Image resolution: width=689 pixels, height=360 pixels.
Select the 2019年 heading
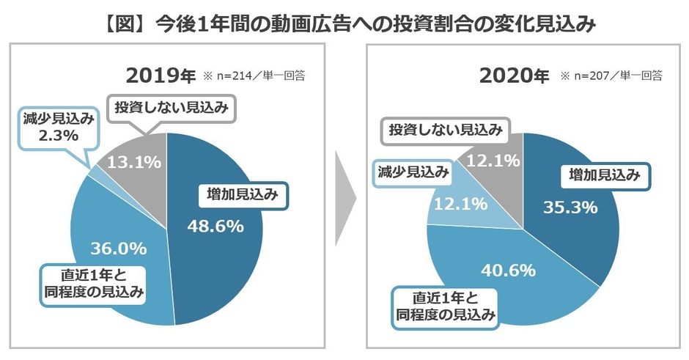[x=161, y=76]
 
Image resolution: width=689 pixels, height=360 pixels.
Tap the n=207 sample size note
[x=611, y=76]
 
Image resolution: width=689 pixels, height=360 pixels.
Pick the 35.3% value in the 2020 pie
[x=570, y=207]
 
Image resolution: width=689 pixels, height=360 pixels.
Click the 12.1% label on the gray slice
[x=495, y=159]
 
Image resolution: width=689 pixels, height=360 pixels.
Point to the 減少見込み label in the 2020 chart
[x=413, y=171]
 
